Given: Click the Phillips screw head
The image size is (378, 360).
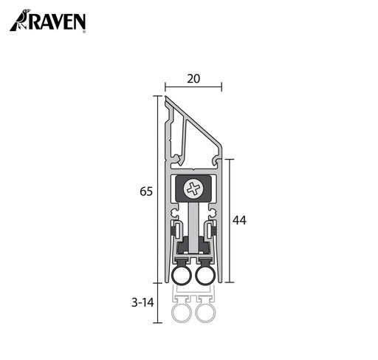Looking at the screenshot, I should [193, 189].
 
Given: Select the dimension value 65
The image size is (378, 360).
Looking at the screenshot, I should [145, 191].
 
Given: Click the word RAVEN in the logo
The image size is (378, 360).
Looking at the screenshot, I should [58, 22].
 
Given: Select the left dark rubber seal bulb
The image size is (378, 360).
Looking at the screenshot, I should [180, 276].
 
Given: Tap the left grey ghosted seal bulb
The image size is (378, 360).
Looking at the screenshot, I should [180, 315].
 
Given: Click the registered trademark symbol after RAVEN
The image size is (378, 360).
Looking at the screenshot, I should [84, 32].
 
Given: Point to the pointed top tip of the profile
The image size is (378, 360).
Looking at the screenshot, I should [167, 98].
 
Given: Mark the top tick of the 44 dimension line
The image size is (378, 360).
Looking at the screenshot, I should [231, 157].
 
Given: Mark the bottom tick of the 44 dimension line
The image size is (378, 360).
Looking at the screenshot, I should [231, 282].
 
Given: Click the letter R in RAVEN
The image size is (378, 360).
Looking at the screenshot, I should [35, 22].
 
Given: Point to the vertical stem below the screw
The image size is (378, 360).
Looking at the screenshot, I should [193, 225].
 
